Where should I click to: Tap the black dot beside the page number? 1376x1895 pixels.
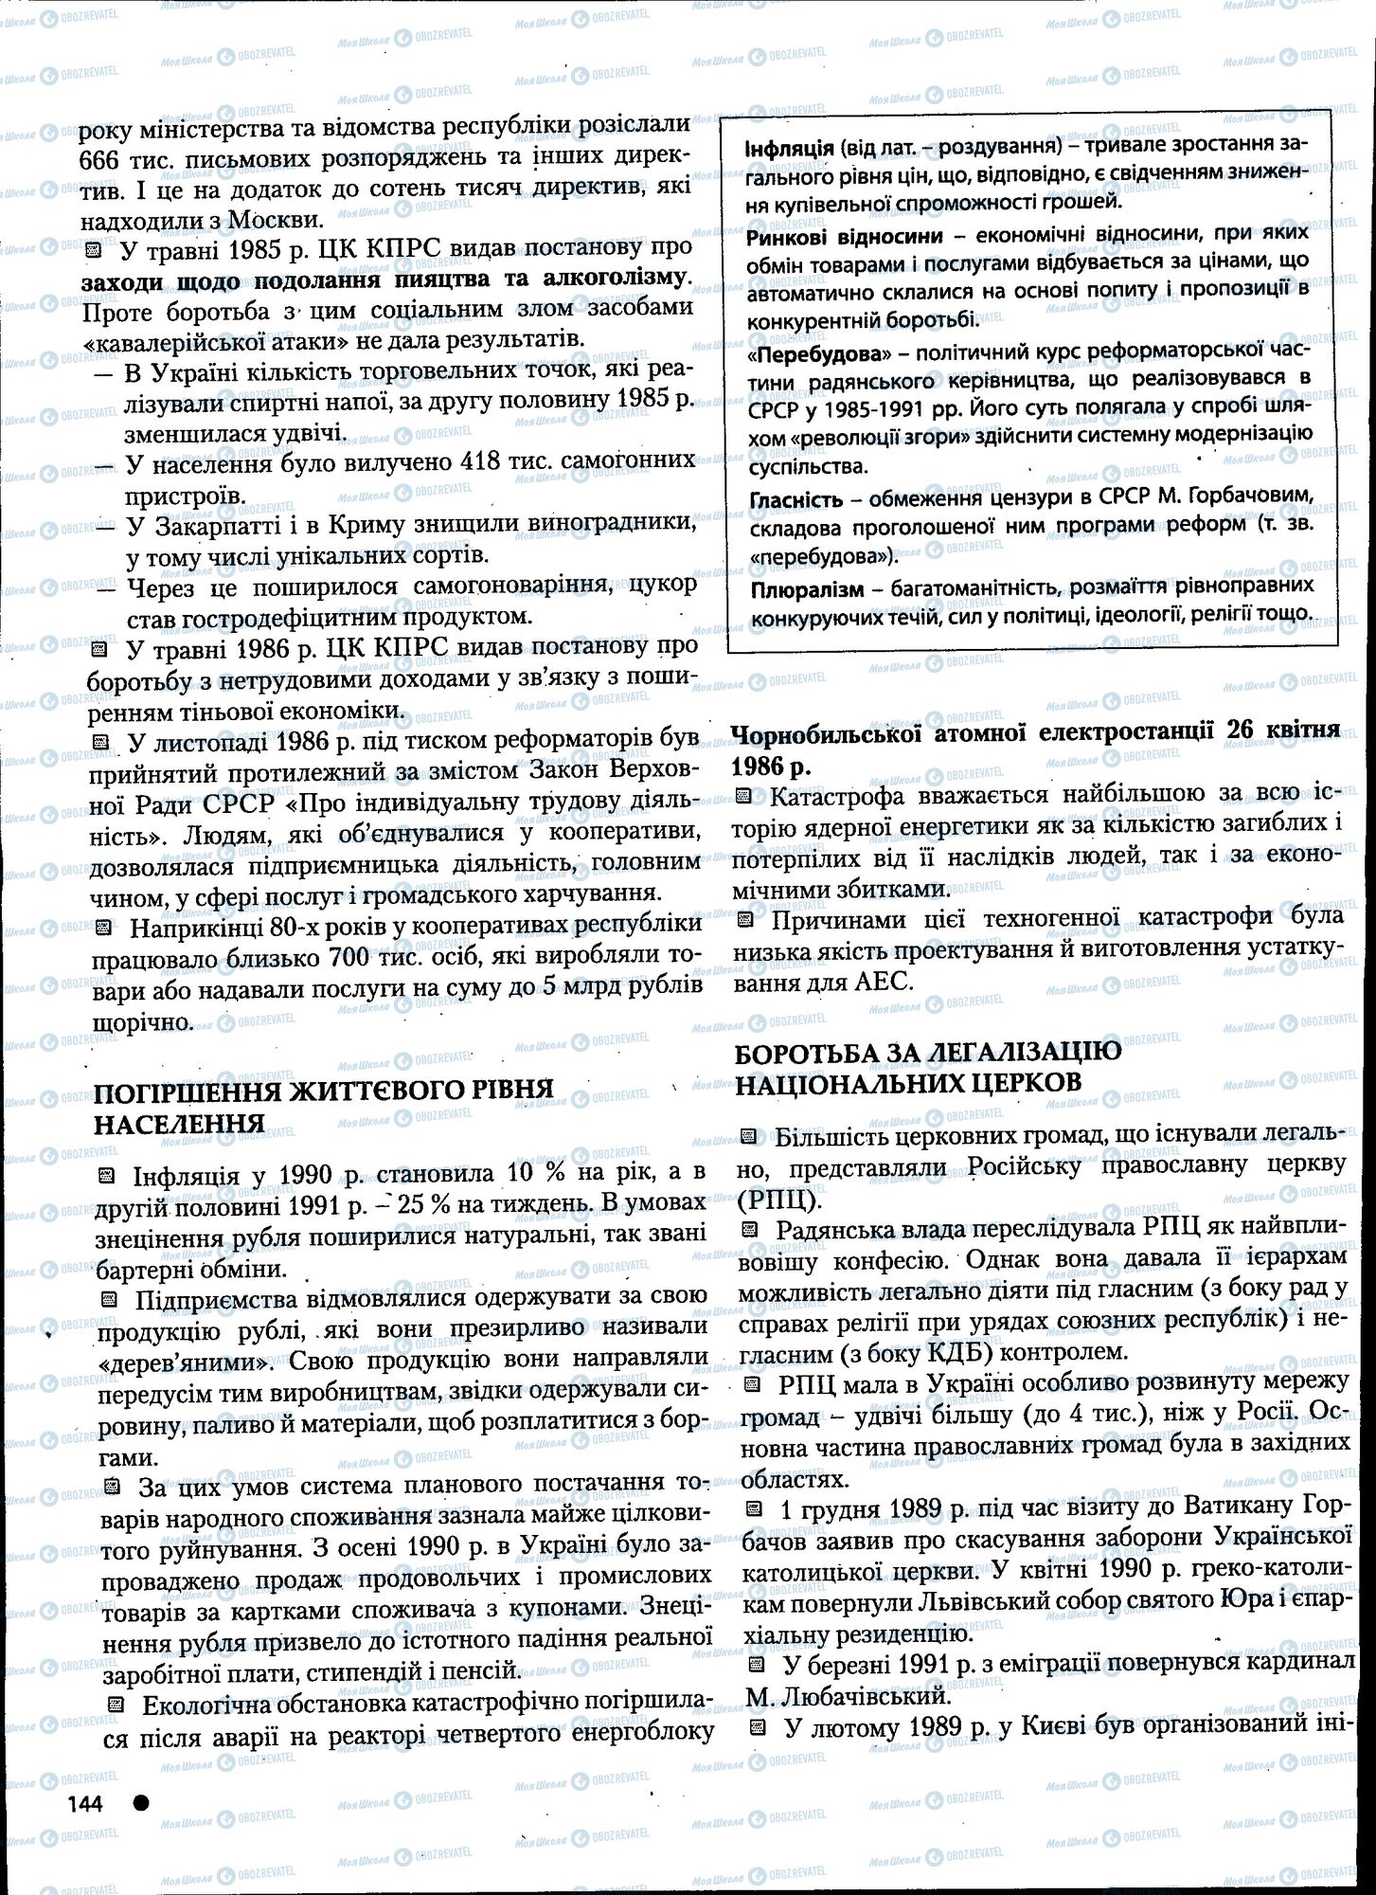(x=141, y=1803)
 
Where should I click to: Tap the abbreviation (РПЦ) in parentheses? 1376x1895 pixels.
(x=777, y=1199)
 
